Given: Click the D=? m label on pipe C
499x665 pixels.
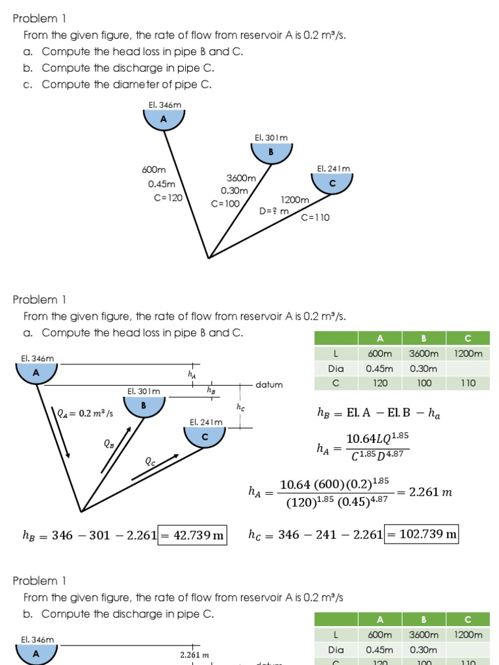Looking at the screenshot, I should pyautogui.click(x=274, y=211).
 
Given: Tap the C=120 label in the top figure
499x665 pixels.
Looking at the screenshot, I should pyautogui.click(x=168, y=198).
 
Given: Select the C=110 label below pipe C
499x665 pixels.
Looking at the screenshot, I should pyautogui.click(x=315, y=218).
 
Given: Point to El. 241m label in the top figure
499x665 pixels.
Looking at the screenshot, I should pyautogui.click(x=333, y=168).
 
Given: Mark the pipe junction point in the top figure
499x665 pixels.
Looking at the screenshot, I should pyautogui.click(x=209, y=258).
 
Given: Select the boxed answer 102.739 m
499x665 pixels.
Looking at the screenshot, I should pyautogui.click(x=421, y=534).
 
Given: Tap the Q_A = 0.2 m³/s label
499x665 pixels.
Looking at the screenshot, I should pyautogui.click(x=85, y=413).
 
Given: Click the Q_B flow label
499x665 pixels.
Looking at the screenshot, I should pyautogui.click(x=109, y=444).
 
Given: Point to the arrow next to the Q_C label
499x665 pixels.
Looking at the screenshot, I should pyautogui.click(x=155, y=467).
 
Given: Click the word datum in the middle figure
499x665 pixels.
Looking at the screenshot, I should pyautogui.click(x=269, y=384).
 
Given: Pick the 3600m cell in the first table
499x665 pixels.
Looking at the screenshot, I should pyautogui.click(x=424, y=354).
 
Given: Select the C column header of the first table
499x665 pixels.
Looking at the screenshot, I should pyautogui.click(x=468, y=338).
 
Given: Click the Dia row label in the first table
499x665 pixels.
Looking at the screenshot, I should pyautogui.click(x=335, y=368).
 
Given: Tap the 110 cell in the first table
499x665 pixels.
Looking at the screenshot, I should pyautogui.click(x=468, y=383).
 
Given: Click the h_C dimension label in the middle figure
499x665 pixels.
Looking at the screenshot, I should pyautogui.click(x=240, y=407).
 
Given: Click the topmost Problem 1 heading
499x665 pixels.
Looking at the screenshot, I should pyautogui.click(x=40, y=19).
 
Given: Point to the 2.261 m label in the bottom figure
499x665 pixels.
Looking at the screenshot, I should pyautogui.click(x=194, y=655).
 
